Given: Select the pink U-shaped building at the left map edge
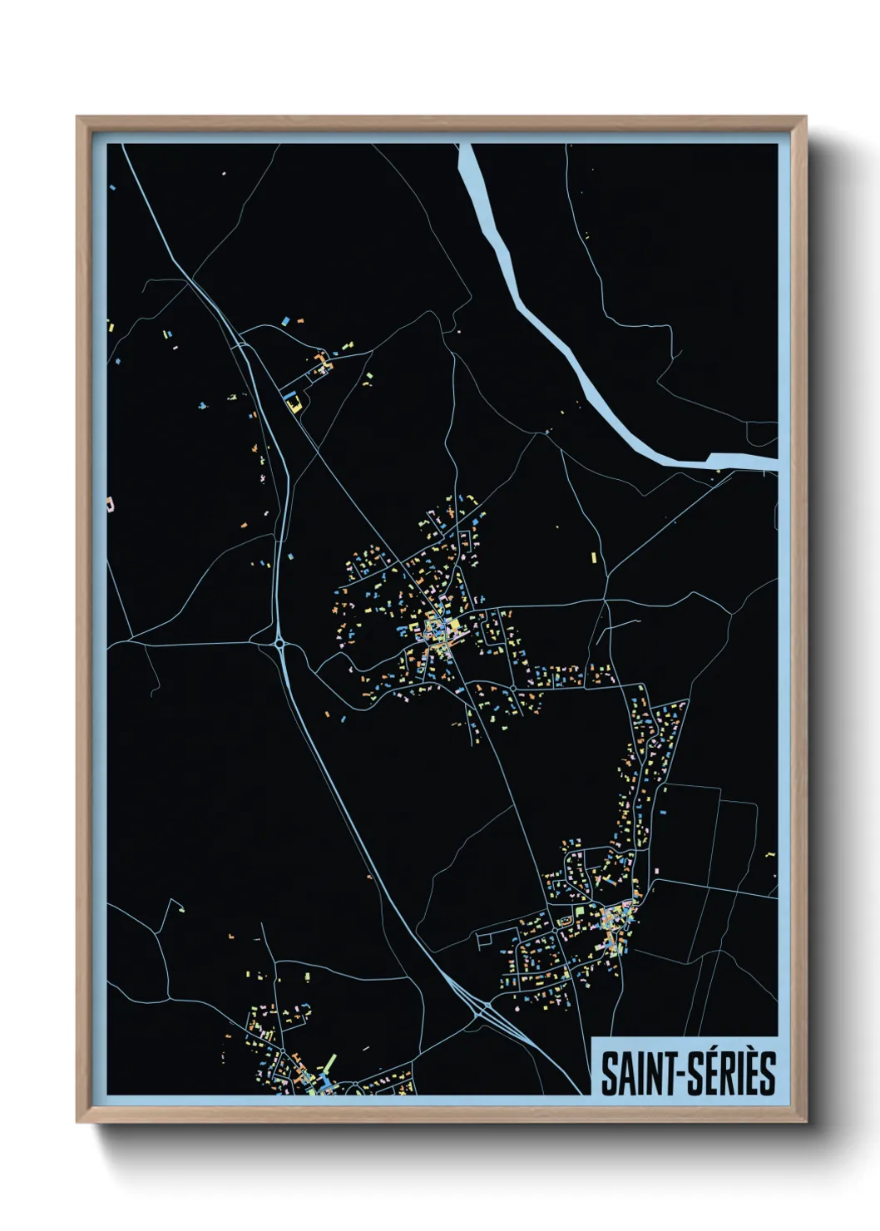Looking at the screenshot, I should coord(110,503).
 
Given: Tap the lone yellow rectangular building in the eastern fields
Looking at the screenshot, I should coord(594,557).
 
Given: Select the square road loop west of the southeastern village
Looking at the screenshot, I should coord(486,940).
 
